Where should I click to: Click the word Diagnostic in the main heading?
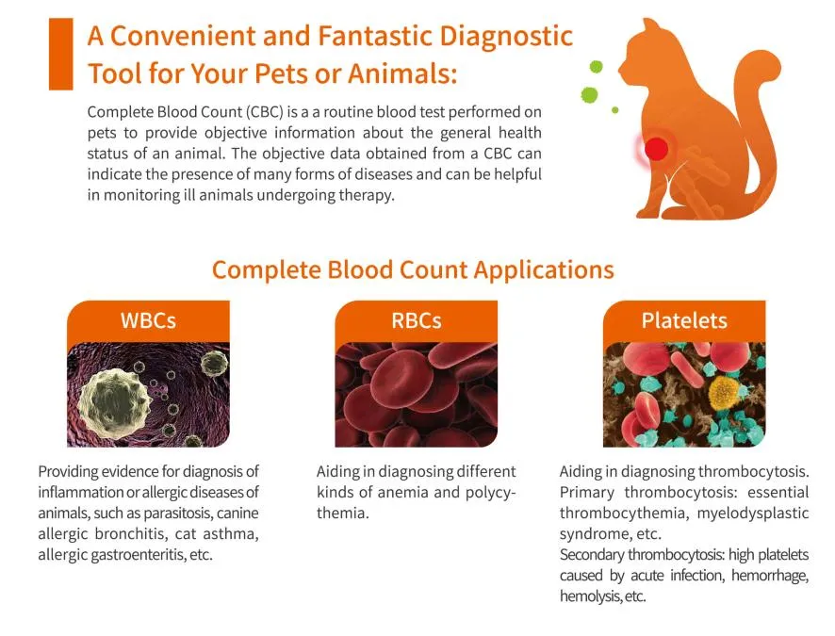click(505, 36)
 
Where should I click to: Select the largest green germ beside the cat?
click(590, 95)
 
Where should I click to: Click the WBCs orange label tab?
click(148, 320)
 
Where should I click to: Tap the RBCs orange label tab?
click(416, 320)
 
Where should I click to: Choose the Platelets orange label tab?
click(684, 320)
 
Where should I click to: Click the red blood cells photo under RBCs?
click(416, 394)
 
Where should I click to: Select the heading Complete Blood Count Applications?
click(413, 269)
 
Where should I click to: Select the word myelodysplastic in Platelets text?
click(760, 513)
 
